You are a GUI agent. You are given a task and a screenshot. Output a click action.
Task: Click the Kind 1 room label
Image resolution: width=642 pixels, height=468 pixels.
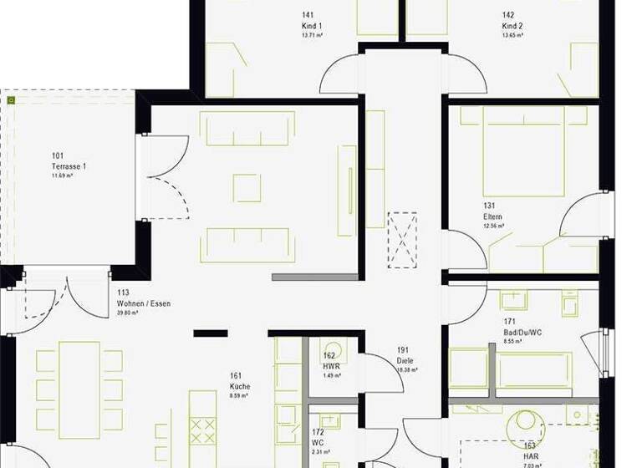click(x=311, y=26)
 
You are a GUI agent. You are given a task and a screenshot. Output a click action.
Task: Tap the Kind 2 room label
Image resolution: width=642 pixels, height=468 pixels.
click(x=512, y=26)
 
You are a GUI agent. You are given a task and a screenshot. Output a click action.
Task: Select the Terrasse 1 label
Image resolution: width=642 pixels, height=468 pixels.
click(x=68, y=166)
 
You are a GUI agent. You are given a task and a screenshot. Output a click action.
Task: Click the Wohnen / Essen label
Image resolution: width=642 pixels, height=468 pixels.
click(x=143, y=303)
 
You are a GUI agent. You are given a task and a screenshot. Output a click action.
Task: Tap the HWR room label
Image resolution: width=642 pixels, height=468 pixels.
click(x=330, y=365)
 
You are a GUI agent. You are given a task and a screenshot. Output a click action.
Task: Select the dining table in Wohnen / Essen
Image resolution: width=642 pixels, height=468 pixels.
click(x=79, y=389)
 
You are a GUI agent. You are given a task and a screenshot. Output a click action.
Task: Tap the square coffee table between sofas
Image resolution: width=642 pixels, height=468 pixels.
click(x=247, y=188)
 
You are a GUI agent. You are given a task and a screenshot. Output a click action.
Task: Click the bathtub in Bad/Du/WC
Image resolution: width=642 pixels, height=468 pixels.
click(x=535, y=370)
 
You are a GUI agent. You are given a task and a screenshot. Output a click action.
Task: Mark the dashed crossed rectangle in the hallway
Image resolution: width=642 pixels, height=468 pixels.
click(x=402, y=240)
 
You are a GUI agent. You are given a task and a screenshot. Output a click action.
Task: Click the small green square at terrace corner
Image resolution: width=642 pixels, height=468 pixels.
click(x=11, y=100)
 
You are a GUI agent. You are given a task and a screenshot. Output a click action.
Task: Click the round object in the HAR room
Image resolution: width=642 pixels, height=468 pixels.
click(x=528, y=420)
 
